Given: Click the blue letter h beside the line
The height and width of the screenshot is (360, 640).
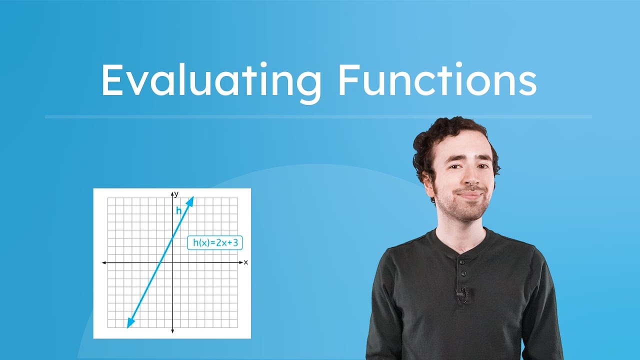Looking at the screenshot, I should pyautogui.click(x=178, y=210).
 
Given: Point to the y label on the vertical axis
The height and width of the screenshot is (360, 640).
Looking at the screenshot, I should pyautogui.click(x=176, y=193).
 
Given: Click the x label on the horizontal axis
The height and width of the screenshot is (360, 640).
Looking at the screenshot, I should pyautogui.click(x=246, y=262).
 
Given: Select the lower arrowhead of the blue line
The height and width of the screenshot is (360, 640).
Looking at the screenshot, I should pyautogui.click(x=128, y=325).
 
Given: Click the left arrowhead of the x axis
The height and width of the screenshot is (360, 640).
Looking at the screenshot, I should pyautogui.click(x=103, y=262).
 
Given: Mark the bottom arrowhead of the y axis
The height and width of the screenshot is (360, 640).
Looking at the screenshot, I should pyautogui.click(x=172, y=331).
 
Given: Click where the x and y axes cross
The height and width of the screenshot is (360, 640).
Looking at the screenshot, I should pyautogui.click(x=172, y=262).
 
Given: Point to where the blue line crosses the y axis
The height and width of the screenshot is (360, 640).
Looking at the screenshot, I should pyautogui.click(x=172, y=238).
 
